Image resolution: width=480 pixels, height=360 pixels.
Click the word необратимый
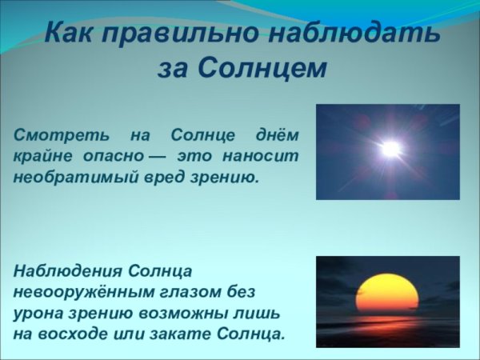tap(74, 177)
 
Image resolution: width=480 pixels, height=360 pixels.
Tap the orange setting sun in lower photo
tap(387, 294)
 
